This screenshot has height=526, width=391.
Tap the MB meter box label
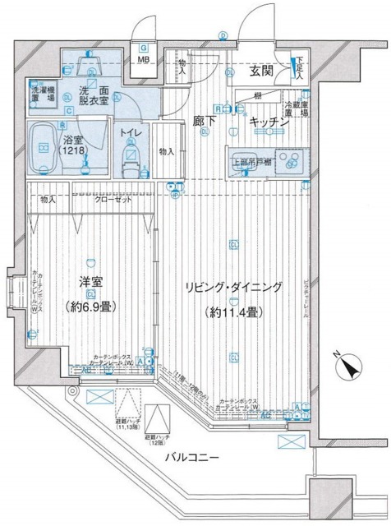[143, 61]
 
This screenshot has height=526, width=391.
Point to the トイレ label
[130, 131]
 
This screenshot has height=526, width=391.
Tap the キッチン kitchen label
[268, 122]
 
